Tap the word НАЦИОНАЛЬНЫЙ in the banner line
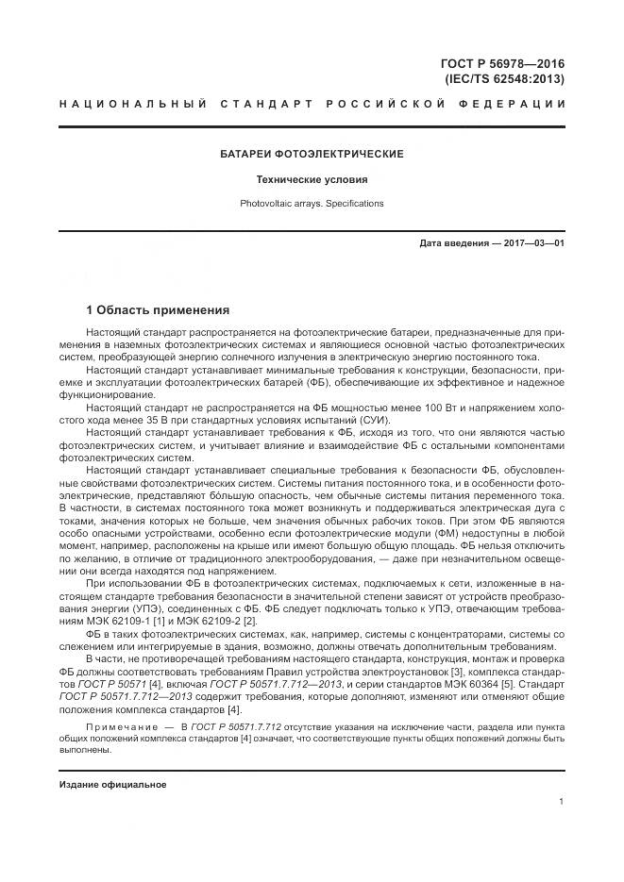click(116, 107)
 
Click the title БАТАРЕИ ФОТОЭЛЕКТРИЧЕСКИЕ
click(312, 154)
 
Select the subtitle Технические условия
click(312, 178)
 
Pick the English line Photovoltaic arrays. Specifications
click(312, 203)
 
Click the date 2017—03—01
click(533, 243)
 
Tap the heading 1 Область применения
click(157, 309)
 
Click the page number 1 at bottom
click(561, 802)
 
